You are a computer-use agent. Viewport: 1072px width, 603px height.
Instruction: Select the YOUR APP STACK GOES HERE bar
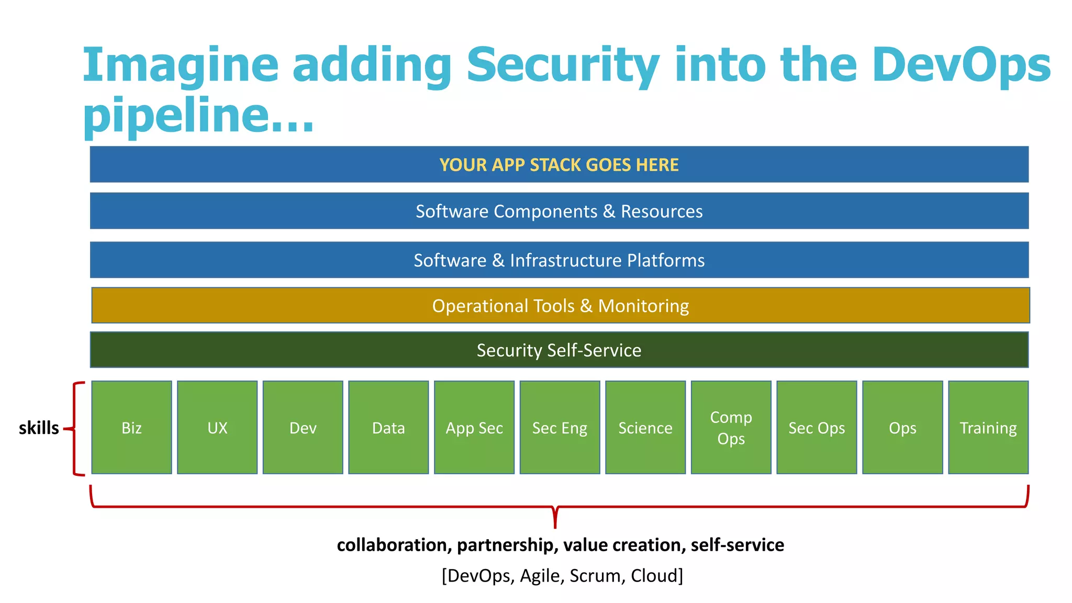tap(559, 164)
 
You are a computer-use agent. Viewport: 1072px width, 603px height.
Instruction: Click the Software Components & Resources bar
tap(559, 211)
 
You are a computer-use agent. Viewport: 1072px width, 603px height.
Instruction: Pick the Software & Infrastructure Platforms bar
tap(559, 260)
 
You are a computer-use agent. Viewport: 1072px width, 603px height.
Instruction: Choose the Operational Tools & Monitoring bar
tap(560, 306)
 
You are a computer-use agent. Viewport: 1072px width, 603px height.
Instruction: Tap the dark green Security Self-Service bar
tap(559, 350)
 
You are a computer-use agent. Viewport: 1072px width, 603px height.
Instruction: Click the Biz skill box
tap(131, 428)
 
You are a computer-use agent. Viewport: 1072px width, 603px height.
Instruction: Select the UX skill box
tap(217, 428)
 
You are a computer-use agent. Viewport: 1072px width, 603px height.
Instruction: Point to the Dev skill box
tap(303, 428)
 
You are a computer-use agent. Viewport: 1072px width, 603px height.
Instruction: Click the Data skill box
tap(388, 428)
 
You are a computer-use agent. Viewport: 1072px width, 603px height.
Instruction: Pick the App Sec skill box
tap(474, 428)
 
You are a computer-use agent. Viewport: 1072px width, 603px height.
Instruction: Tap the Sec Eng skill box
tap(560, 428)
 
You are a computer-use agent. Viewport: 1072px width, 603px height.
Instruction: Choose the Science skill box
tap(645, 428)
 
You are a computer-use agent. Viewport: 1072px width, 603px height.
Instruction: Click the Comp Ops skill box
tap(731, 428)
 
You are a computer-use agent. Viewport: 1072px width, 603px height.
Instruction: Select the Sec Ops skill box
tap(817, 428)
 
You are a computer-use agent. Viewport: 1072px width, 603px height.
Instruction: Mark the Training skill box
tap(988, 428)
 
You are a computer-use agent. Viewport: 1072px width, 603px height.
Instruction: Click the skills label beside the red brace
tap(39, 428)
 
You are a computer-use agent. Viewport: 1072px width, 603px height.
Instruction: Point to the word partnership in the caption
tap(507, 545)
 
